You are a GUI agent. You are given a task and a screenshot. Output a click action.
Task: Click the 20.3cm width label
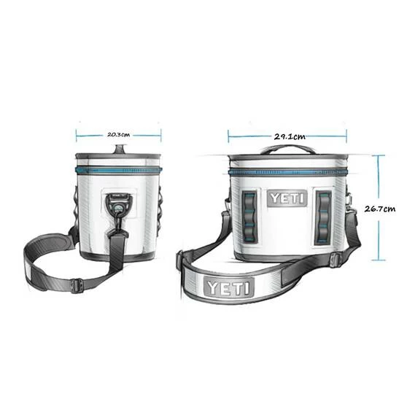tap(118, 134)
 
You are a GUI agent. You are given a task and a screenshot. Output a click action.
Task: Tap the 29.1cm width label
tap(290, 136)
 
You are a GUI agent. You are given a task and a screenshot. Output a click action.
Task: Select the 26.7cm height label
tap(379, 208)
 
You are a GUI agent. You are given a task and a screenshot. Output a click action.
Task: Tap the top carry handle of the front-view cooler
tap(287, 150)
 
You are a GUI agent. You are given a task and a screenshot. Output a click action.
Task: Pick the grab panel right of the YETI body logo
tap(322, 217)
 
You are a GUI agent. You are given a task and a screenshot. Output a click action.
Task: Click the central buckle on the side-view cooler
tap(118, 204)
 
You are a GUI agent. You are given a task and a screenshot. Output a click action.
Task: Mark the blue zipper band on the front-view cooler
tap(287, 173)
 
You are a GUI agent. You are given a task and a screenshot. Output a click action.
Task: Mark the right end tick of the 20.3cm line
tap(160, 134)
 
